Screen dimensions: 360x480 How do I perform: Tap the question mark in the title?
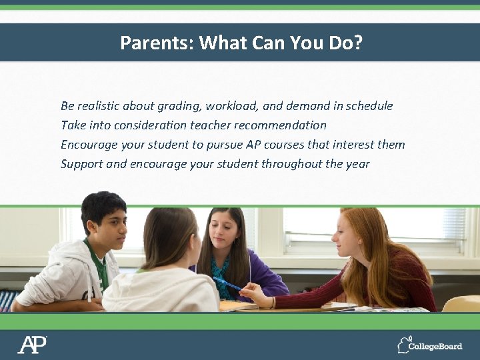point(358,43)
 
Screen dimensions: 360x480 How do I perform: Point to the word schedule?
point(368,106)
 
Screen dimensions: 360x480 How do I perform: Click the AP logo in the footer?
point(32,345)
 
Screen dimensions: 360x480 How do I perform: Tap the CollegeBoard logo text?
point(436,346)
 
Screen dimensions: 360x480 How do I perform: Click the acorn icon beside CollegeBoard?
point(403,345)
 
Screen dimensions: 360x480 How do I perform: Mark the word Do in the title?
point(340,43)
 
